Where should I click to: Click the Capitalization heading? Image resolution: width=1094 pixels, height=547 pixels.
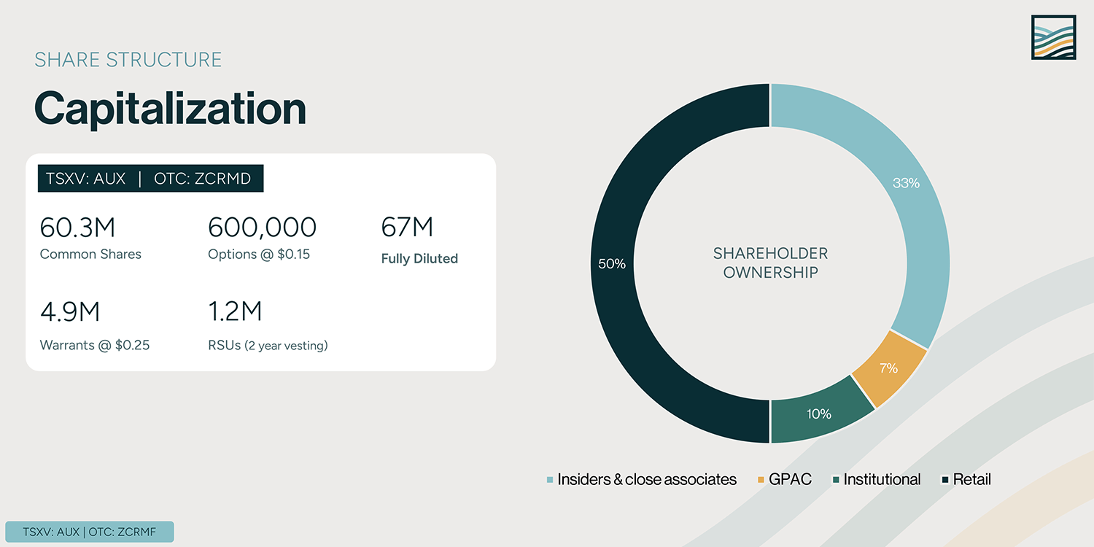coord(170,109)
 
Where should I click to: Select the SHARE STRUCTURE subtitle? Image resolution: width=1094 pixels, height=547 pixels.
coord(128,60)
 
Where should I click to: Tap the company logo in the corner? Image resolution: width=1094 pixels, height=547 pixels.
coord(1053,36)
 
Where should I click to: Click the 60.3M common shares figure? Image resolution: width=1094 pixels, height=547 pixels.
coord(77,228)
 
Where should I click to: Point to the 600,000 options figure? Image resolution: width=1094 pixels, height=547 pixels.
coord(262,228)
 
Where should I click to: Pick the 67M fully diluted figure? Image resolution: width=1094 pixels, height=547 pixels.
coord(407,228)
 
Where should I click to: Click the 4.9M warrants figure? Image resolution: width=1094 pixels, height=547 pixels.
coord(70,312)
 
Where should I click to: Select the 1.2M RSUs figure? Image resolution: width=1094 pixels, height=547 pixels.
coord(235,312)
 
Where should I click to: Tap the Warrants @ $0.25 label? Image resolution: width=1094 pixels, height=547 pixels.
coord(95,345)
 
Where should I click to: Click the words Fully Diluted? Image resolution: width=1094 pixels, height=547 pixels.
coord(419,259)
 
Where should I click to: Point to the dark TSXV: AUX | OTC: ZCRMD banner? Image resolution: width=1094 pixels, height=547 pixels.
coord(150,179)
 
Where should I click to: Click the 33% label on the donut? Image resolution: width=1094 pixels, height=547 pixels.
coord(906,183)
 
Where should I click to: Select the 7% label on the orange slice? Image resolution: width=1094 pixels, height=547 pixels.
coord(888,368)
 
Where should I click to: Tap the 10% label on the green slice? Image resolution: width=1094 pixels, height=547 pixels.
coord(818,414)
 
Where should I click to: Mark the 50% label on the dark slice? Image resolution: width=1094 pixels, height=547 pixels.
coord(611,264)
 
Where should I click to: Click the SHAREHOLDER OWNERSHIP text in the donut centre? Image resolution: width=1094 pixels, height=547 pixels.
coord(770,263)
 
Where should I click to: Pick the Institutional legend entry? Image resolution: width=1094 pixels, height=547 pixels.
coord(881,479)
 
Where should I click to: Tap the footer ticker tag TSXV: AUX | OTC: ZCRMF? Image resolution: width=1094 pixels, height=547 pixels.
coord(90,532)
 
